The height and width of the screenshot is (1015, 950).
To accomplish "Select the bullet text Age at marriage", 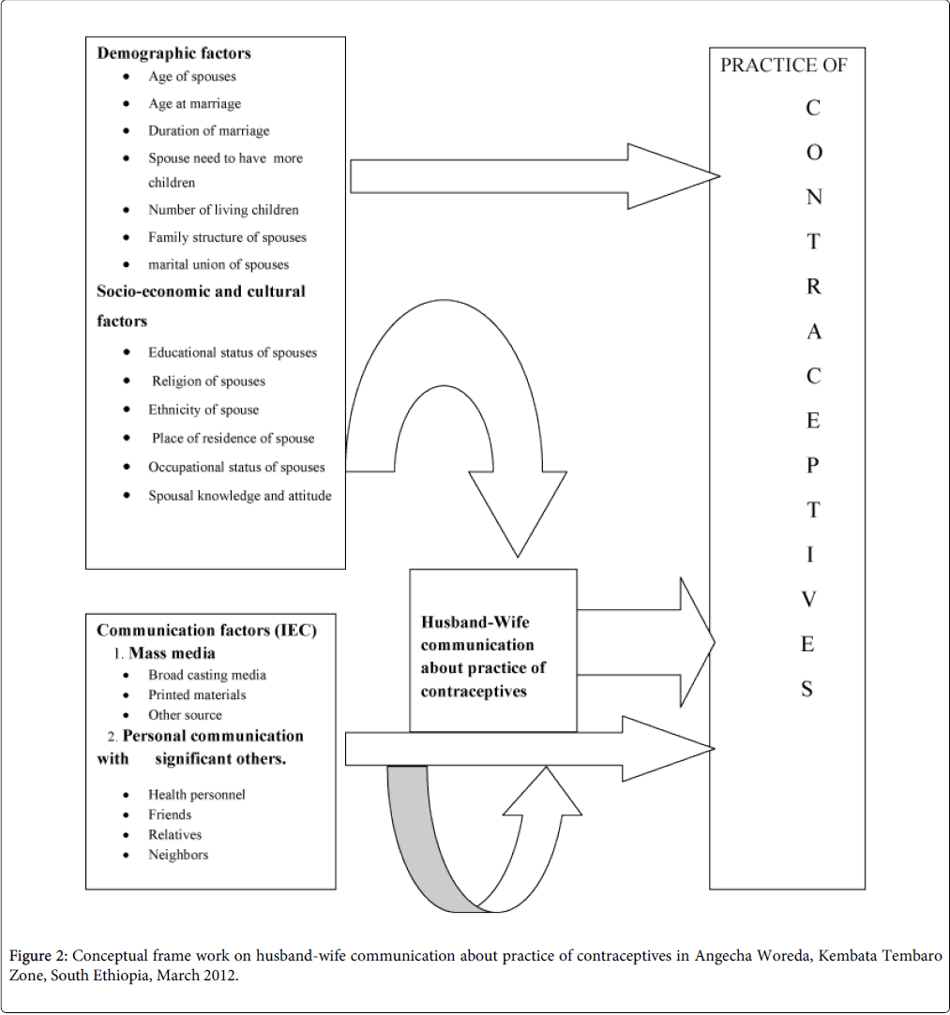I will point(194,104).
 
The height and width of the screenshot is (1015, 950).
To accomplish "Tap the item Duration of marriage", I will point(208,131).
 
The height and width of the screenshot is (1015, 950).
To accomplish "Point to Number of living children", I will point(223,210).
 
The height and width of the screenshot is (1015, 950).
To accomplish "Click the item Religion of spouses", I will point(208,381).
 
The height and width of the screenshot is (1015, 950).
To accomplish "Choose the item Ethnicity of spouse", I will point(204,410).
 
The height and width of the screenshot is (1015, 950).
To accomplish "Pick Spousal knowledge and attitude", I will point(239,496).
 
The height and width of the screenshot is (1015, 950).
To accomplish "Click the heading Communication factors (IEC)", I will point(206,631).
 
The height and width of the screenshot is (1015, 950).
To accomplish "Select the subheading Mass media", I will point(172,652).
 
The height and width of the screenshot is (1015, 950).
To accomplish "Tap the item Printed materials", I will point(197,695).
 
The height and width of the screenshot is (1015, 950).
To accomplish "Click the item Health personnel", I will point(196,795).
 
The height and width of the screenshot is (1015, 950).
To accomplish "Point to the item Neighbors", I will point(178,855).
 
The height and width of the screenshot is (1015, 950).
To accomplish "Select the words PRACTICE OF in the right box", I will point(783,66).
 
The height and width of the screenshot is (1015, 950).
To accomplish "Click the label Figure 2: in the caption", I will point(38,956).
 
